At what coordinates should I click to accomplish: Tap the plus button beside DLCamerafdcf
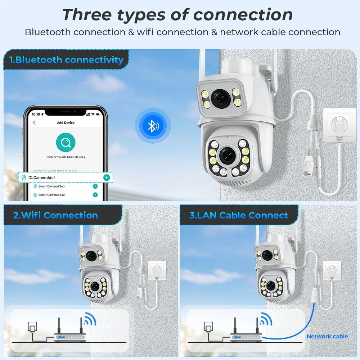tap(106, 177)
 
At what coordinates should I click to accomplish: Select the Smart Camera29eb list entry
tap(51, 186)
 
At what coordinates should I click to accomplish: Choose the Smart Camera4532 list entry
tap(51, 195)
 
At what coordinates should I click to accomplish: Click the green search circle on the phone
tap(66, 143)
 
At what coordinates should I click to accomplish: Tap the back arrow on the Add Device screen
tap(35, 123)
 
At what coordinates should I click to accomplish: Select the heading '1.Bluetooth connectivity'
tap(67, 60)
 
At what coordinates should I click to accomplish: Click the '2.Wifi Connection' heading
tap(55, 216)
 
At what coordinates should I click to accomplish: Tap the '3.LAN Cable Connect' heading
tap(239, 216)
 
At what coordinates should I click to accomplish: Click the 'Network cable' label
tap(327, 336)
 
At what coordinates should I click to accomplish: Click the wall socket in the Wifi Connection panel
tap(156, 270)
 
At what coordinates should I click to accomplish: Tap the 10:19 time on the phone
tap(36, 114)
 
